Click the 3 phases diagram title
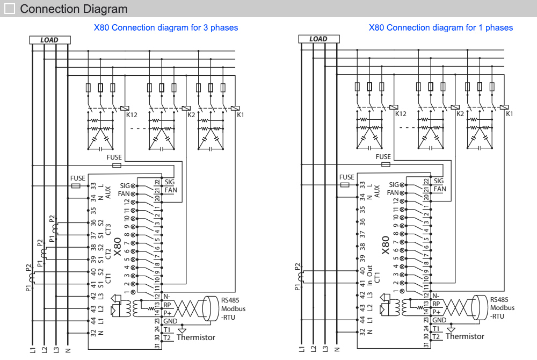[166, 27]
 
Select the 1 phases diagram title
[440, 27]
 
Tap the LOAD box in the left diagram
[49, 40]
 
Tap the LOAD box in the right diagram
[318, 39]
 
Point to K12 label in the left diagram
[131, 114]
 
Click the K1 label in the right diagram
[510, 114]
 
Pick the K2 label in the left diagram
[191, 114]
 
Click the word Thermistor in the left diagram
[196, 337]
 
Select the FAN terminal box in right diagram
[439, 189]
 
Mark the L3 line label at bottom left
[56, 350]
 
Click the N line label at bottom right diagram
[337, 350]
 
